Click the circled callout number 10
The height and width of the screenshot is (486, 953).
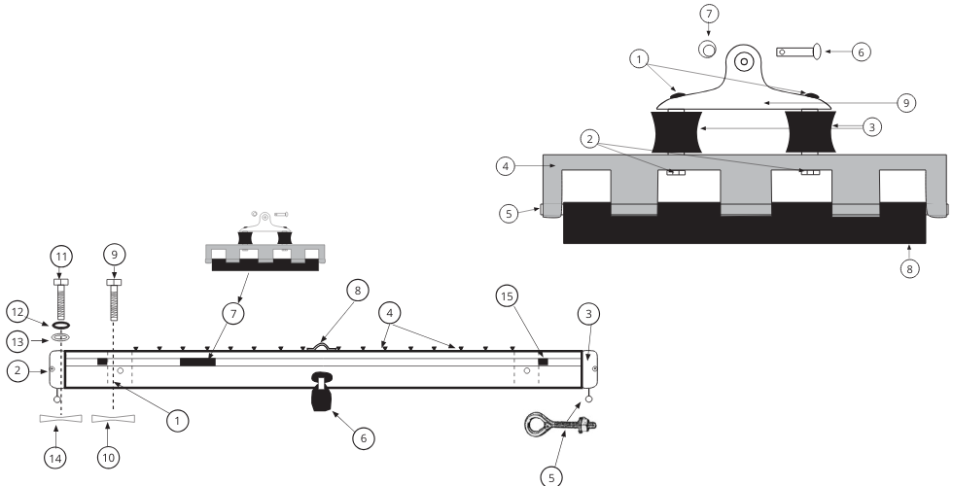click(108, 453)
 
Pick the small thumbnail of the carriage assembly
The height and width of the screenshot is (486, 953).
click(264, 243)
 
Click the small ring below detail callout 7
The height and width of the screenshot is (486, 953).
click(706, 48)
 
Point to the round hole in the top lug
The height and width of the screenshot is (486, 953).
click(744, 60)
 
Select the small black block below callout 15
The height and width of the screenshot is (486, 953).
click(543, 362)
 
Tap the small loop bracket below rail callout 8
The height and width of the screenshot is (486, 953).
click(323, 343)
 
